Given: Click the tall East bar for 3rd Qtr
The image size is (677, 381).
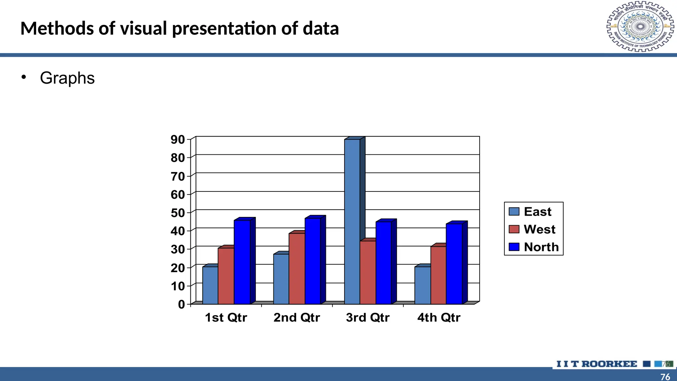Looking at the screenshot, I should point(352,222).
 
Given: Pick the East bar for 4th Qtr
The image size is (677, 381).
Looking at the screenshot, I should point(422,285).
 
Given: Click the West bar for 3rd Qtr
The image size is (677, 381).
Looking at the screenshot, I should point(368,273).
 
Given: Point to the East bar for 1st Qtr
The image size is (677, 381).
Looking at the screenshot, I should point(210,285).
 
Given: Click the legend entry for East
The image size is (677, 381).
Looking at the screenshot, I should point(537,212).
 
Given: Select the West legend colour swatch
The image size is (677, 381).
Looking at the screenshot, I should point(514,229).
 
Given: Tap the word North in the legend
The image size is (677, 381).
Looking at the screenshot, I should point(541,247).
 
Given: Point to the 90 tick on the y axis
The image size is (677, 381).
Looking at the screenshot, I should point(178,140).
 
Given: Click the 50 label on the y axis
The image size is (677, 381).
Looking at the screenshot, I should point(178,213).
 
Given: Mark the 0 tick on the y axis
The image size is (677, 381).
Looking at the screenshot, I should point(181,304).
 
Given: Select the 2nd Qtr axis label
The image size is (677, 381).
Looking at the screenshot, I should point(297,317).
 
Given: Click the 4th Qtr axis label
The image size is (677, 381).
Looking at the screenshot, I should point(439,317).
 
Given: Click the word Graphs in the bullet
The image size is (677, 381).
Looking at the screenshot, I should point(67,78).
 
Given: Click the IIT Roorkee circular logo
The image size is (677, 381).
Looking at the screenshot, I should point(640,26).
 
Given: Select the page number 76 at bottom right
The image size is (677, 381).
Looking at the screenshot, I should point(665,377).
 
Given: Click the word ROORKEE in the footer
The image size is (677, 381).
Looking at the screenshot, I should point(609,364).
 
